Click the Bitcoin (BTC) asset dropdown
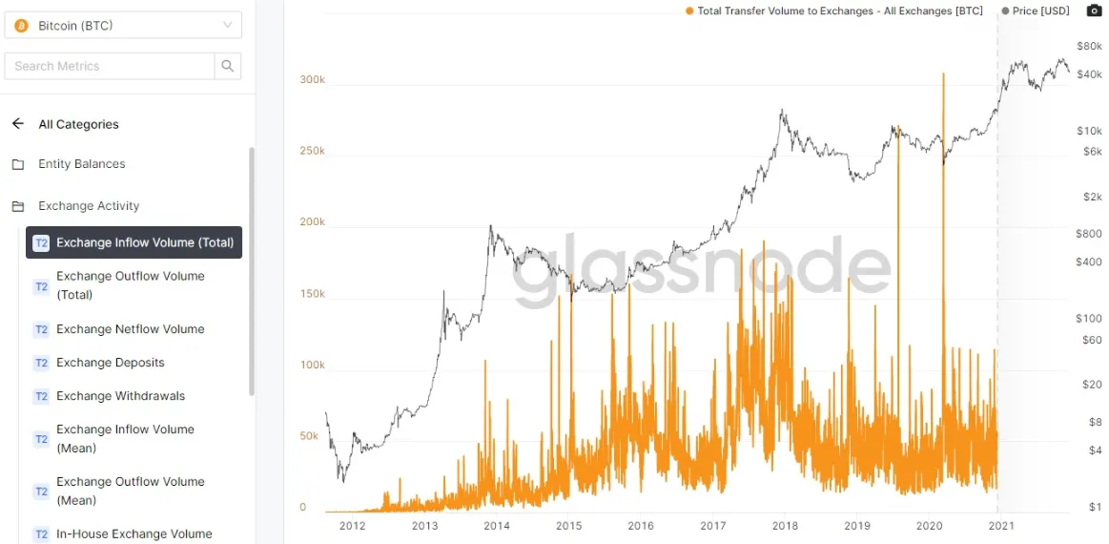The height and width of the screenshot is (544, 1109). click(x=123, y=26)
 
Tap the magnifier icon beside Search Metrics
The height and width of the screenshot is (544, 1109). click(x=228, y=66)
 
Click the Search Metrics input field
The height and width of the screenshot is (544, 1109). click(x=110, y=66)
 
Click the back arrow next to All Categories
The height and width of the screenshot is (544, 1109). click(x=18, y=124)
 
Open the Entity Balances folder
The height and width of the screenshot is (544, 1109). click(x=81, y=164)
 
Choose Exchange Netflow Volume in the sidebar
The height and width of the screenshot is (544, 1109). click(x=130, y=329)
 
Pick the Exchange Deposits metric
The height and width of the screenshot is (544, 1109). click(x=110, y=363)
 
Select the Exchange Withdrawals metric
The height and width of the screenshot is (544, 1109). click(x=120, y=396)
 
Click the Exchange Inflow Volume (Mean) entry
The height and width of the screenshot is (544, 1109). click(x=125, y=438)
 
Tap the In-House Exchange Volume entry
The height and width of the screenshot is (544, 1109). click(x=133, y=534)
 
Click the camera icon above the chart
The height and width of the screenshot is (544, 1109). click(x=1094, y=10)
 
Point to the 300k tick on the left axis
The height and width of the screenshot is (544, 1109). click(x=312, y=80)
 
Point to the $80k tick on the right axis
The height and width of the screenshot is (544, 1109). click(x=1089, y=46)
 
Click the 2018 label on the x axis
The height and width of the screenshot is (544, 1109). click(x=785, y=526)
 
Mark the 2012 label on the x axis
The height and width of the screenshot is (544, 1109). click(x=352, y=526)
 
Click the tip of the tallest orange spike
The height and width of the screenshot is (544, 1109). click(x=943, y=73)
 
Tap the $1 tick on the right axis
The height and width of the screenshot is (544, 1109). click(x=1096, y=508)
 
